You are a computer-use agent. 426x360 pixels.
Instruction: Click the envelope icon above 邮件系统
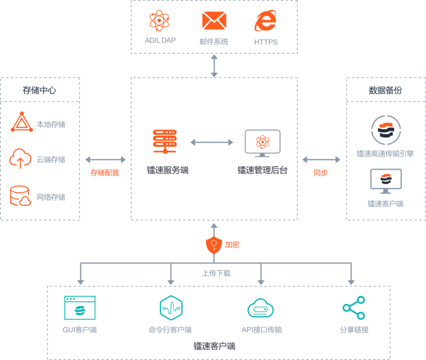(214, 21)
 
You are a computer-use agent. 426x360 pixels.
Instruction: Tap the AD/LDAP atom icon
(160, 21)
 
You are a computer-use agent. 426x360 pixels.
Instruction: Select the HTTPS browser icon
(265, 21)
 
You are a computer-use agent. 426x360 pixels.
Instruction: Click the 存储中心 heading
(39, 90)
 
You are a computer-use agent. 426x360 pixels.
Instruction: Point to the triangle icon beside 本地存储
(21, 123)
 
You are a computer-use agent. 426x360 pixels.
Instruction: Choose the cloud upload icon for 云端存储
(20, 158)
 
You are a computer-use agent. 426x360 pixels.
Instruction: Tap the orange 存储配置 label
(105, 173)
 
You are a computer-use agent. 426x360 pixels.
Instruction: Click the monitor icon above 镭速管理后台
(262, 143)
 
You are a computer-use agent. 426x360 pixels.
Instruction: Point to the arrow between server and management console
(212, 142)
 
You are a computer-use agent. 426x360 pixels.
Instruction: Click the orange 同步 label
(320, 173)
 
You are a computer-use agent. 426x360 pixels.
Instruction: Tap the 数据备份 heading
(385, 90)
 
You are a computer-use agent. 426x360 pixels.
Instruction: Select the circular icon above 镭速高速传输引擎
(385, 130)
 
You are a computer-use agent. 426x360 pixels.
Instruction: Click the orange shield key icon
(214, 245)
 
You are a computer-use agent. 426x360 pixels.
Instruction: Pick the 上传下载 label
(216, 273)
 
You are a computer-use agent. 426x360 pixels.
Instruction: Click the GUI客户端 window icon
(80, 307)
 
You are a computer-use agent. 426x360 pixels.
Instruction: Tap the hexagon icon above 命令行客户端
(171, 307)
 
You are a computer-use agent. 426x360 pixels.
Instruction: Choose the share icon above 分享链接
(354, 308)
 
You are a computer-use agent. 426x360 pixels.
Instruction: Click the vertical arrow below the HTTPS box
(214, 66)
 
